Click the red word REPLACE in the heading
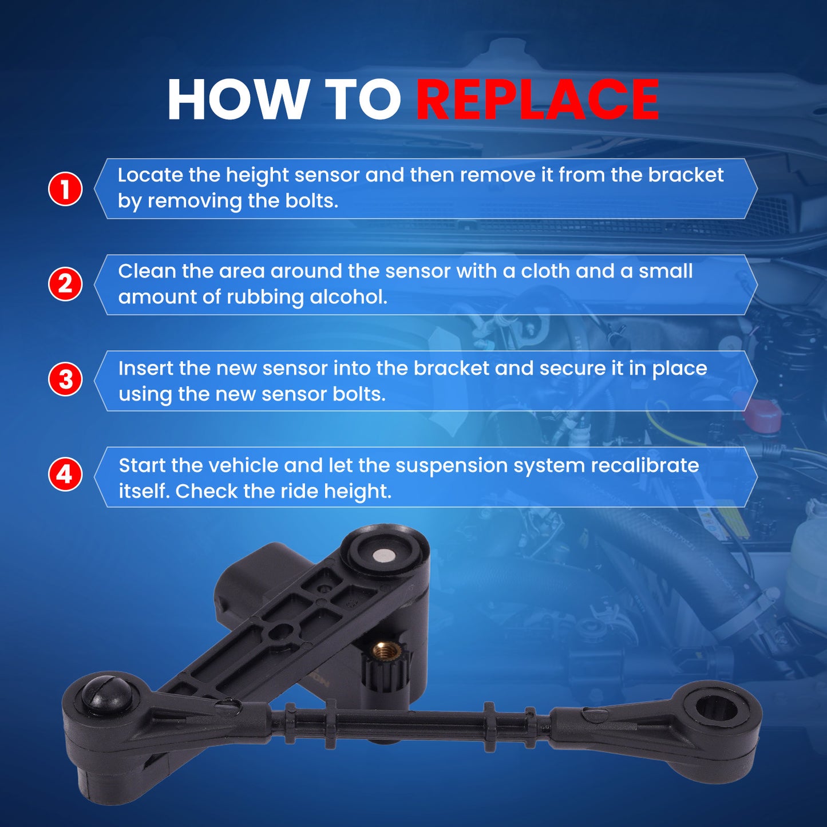pyautogui.click(x=537, y=100)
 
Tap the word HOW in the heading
pyautogui.click(x=236, y=100)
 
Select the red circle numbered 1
pyautogui.click(x=65, y=189)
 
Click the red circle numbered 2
pyautogui.click(x=65, y=284)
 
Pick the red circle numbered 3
pyautogui.click(x=65, y=380)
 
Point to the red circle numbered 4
pyautogui.click(x=65, y=475)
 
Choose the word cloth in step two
pyautogui.click(x=545, y=271)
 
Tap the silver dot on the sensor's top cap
pyautogui.click(x=382, y=556)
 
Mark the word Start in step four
pyautogui.click(x=142, y=466)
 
